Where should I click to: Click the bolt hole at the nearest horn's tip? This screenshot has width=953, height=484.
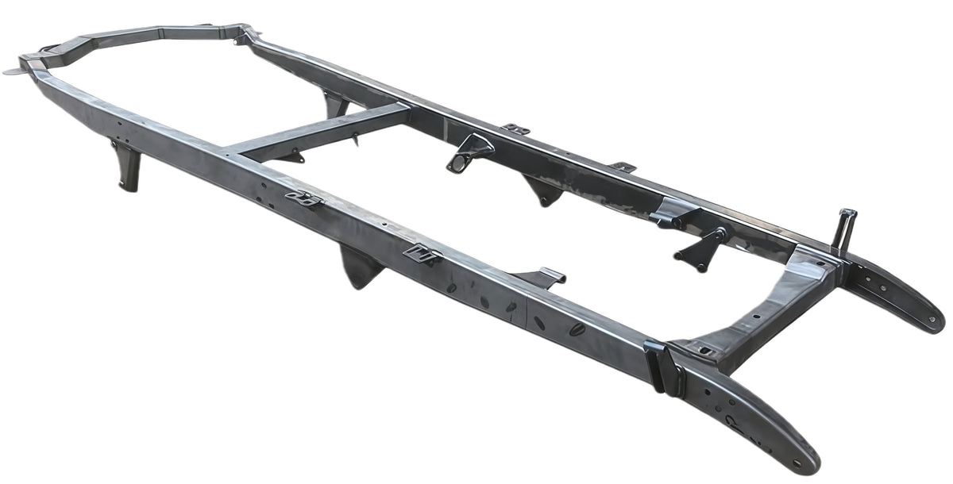804,460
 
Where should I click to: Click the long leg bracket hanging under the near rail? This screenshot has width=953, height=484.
127,167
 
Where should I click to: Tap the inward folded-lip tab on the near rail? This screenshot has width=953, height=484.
543,278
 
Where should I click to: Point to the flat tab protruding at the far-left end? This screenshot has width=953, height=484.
14,71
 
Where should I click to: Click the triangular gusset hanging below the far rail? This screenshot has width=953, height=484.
544,190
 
